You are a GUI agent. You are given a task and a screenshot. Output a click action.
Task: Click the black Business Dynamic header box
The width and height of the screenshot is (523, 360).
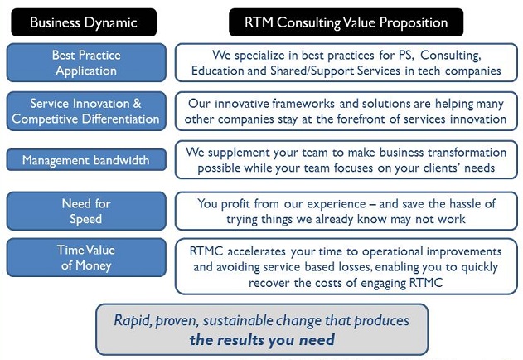click(84, 22)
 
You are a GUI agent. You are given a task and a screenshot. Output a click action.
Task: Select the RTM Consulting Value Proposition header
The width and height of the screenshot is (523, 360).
click(346, 22)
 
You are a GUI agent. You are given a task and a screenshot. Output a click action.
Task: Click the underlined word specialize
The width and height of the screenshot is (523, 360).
click(259, 55)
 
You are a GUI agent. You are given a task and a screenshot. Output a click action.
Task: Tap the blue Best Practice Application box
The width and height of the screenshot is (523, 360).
click(86, 62)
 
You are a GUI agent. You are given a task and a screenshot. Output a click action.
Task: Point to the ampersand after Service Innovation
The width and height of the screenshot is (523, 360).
click(137, 103)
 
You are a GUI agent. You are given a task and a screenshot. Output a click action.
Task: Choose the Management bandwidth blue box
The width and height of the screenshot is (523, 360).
click(86, 160)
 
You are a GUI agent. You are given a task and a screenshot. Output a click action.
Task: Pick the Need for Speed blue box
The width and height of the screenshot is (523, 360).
click(86, 211)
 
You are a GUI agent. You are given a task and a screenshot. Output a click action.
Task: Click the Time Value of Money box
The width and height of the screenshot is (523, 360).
click(86, 257)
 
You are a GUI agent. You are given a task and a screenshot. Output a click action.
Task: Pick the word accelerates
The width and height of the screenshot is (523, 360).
click(256, 251)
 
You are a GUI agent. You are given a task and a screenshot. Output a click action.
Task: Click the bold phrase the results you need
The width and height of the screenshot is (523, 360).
click(262, 340)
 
